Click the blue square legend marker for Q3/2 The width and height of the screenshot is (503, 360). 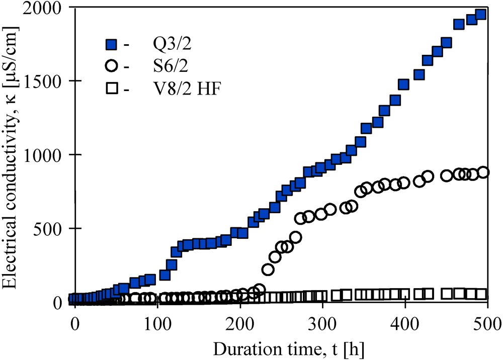(x=112, y=45)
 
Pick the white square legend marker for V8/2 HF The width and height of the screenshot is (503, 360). (x=112, y=89)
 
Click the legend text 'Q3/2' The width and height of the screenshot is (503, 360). (x=171, y=45)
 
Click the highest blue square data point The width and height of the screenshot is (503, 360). (x=480, y=15)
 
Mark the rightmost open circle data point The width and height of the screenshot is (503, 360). (x=483, y=172)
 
